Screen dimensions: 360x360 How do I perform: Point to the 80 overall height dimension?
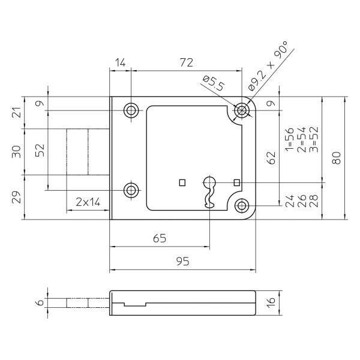pos(337,158)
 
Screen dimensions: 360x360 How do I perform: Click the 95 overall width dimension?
pos(182,262)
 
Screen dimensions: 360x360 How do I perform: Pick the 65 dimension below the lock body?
pos(159,238)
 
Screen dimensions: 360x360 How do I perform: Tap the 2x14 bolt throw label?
pos(88,202)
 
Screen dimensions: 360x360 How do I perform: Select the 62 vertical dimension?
pos(271,158)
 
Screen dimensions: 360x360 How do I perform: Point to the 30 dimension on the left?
pos(17,152)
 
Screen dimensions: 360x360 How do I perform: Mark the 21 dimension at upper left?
pos(17,112)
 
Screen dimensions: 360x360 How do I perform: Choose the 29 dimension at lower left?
pos(17,197)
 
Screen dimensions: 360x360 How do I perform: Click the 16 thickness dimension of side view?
pos(271,302)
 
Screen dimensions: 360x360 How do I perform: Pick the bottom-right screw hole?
pos(242,206)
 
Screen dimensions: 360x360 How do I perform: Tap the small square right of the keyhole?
pos(236,182)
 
